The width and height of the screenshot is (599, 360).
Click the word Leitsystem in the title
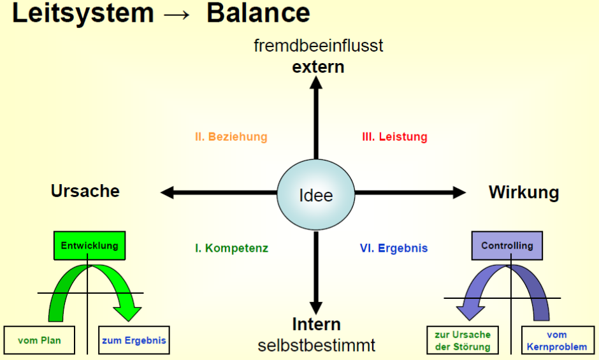tap(83, 13)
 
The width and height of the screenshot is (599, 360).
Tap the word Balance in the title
tap(258, 13)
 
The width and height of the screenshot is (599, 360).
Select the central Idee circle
tap(316, 194)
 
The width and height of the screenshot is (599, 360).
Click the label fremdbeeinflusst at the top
tap(319, 46)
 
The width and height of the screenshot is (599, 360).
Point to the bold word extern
tap(318, 67)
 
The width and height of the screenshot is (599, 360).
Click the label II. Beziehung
tap(231, 137)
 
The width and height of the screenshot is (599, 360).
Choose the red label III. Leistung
tap(395, 137)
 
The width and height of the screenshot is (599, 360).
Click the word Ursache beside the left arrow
tap(85, 191)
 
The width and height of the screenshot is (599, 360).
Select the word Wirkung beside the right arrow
tap(524, 192)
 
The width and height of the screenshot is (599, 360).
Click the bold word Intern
tap(317, 324)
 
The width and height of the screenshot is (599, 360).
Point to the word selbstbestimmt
tap(317, 345)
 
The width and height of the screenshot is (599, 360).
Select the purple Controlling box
tap(507, 246)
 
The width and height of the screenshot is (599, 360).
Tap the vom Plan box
tap(40, 340)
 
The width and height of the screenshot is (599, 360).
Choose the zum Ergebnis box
tap(134, 340)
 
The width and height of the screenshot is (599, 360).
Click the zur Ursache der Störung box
tap(463, 340)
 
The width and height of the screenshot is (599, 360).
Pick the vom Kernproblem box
tap(556, 340)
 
